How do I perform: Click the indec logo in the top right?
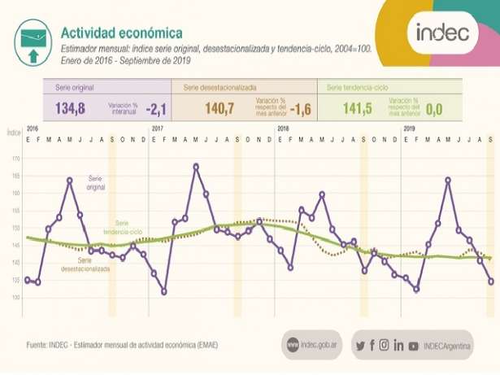(x=442, y=33)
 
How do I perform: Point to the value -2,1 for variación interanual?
(x=156, y=108)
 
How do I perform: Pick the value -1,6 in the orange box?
(x=300, y=108)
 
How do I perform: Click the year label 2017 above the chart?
(x=158, y=130)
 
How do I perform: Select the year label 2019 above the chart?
(x=410, y=130)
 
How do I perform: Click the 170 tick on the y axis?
(x=15, y=159)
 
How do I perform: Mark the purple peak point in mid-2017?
(x=196, y=167)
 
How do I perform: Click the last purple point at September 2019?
(x=491, y=281)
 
